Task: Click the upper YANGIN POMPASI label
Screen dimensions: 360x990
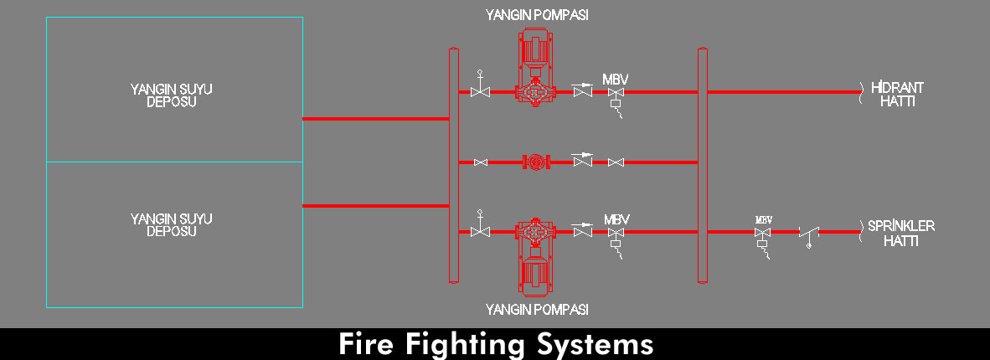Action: (537, 15)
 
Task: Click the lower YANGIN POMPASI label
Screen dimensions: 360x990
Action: (537, 310)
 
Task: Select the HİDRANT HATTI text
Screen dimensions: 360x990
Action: (896, 94)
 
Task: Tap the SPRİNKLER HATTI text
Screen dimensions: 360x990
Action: (901, 233)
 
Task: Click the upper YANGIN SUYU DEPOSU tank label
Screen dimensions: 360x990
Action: (171, 95)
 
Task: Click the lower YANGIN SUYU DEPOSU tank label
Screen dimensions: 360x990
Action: (171, 224)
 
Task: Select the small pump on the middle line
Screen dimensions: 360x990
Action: (534, 162)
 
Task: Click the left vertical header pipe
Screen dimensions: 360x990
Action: (454, 166)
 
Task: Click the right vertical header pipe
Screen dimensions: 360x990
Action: (703, 166)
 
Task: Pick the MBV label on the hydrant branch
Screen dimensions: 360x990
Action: (616, 80)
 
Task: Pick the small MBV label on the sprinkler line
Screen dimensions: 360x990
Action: (763, 220)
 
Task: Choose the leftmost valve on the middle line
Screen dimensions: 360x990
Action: (481, 162)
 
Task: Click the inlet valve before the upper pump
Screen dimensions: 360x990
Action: (480, 90)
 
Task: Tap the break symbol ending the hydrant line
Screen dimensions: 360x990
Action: (860, 91)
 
